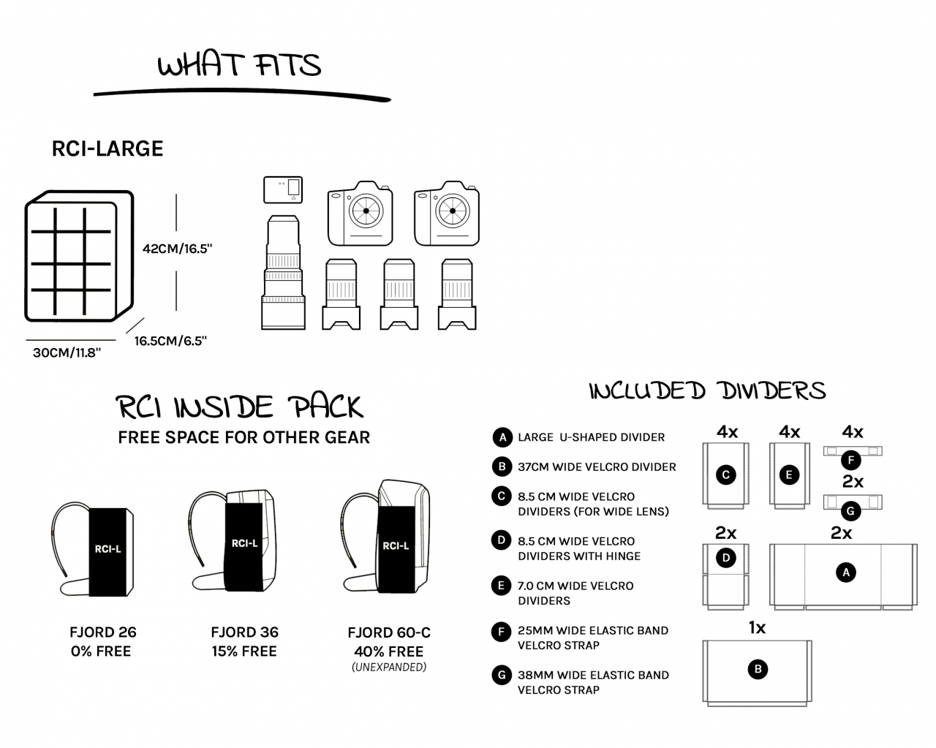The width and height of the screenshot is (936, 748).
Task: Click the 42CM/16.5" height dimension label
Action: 178,249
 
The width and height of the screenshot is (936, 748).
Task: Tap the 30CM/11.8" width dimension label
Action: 67,352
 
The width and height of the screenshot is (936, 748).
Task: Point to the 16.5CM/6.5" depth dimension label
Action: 170,341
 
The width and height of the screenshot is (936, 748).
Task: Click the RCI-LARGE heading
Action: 107,148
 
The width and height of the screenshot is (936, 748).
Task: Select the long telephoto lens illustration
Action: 283,272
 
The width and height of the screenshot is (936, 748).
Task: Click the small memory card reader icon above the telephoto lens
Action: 283,189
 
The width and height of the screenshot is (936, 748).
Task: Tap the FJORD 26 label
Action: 103,632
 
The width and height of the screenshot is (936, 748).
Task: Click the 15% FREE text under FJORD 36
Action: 244,651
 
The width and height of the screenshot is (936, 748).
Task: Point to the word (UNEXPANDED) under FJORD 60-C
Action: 389,667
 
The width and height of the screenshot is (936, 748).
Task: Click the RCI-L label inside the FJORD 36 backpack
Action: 244,543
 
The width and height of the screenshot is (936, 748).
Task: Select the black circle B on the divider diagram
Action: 758,669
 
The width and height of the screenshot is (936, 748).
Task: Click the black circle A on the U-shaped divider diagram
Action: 846,573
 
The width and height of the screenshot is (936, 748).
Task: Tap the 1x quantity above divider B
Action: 758,627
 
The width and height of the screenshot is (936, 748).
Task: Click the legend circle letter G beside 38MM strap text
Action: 502,675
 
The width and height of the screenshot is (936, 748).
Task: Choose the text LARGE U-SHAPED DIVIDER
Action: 591,437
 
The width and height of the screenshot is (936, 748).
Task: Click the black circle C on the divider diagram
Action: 726,475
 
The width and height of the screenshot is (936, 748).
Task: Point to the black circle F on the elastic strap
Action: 851,460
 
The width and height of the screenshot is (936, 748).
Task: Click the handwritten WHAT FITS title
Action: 239,65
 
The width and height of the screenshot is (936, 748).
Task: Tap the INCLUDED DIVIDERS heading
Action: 708,390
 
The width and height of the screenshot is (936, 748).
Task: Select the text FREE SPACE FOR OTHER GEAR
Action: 244,437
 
